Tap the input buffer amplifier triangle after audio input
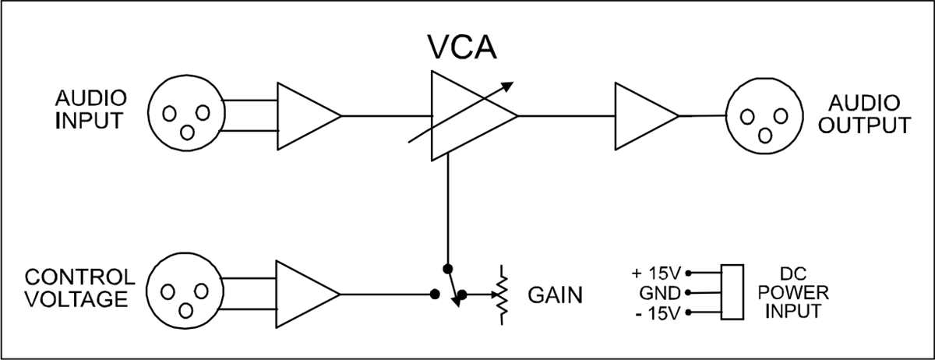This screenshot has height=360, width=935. (305, 116)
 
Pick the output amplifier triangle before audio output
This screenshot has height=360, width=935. (643, 116)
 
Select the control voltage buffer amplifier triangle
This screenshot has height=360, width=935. (305, 295)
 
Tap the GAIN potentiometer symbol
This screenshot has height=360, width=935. (503, 295)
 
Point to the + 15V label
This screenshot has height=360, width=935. (658, 274)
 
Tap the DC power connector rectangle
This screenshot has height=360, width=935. (732, 293)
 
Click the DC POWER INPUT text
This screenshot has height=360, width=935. (796, 293)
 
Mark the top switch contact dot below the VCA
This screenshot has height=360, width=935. (446, 268)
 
